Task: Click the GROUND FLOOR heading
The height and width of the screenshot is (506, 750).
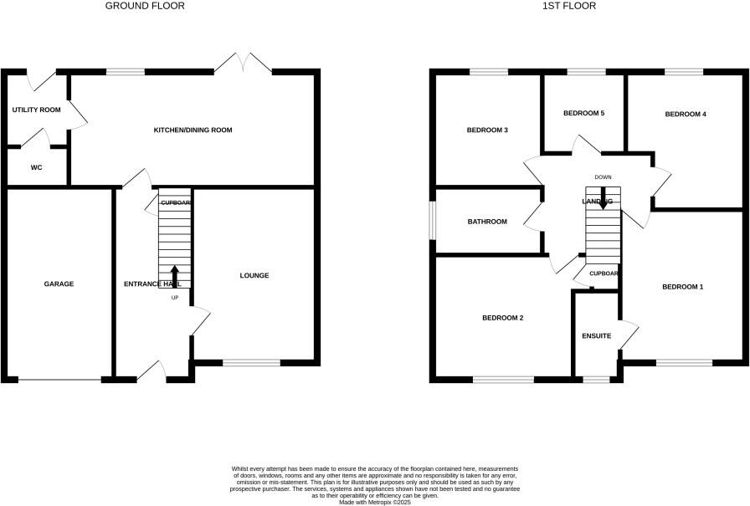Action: click(x=145, y=6)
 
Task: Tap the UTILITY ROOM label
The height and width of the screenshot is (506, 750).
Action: click(x=36, y=110)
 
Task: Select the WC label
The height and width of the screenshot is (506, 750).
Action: click(x=36, y=167)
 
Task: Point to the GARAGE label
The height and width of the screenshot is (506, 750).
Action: click(x=59, y=284)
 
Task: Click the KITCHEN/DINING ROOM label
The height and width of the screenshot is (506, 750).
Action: click(x=193, y=130)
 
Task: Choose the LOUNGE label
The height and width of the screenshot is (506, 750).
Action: click(x=254, y=276)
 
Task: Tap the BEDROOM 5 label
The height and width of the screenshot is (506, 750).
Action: click(x=583, y=113)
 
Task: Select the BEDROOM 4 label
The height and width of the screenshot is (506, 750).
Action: click(x=686, y=114)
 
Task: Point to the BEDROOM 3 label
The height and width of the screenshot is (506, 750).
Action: click(x=487, y=130)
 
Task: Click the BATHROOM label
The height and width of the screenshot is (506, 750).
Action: click(x=487, y=222)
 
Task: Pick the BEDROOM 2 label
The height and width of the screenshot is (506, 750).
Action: click(x=503, y=318)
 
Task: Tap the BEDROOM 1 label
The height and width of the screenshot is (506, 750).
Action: click(x=682, y=287)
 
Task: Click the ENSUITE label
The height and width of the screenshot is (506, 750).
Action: click(x=596, y=336)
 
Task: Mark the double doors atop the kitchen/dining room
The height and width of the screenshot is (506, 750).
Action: click(x=244, y=64)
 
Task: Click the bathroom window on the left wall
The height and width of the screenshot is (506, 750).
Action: click(x=433, y=221)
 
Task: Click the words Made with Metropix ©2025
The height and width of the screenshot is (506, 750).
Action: click(x=374, y=501)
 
